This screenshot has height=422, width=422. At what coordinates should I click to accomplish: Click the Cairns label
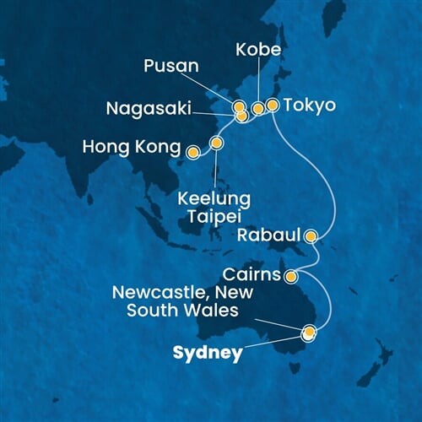253,275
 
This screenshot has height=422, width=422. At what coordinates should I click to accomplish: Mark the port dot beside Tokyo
273,105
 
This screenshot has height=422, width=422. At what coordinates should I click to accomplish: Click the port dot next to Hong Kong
193,153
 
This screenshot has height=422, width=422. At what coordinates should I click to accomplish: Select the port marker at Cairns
290,276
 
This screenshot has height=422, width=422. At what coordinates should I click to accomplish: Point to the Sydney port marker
309,333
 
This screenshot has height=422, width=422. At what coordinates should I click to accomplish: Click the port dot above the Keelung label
216,143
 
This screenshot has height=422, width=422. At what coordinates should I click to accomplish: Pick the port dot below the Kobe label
257,108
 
